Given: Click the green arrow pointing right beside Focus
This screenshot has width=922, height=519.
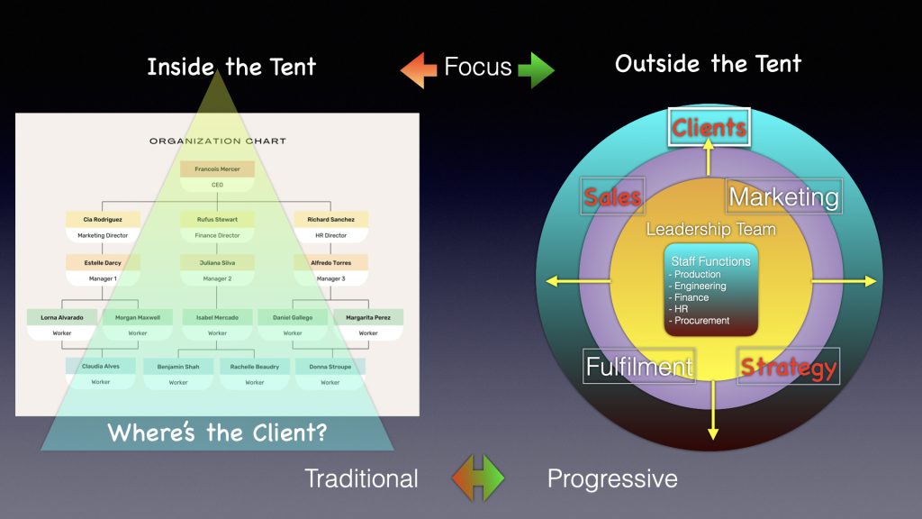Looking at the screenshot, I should pyautogui.click(x=537, y=70).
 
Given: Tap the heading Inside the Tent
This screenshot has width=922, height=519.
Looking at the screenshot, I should pyautogui.click(x=231, y=67).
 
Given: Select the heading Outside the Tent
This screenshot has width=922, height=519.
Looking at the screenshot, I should pyautogui.click(x=708, y=63).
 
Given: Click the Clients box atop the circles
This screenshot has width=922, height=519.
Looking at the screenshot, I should pyautogui.click(x=710, y=128).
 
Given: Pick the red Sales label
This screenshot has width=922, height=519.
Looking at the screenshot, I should pyautogui.click(x=613, y=196).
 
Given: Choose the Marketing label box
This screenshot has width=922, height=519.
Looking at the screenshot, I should pyautogui.click(x=783, y=196).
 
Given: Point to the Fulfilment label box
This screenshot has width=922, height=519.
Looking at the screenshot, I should pyautogui.click(x=639, y=366).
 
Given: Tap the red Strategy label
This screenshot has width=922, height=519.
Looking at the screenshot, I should pyautogui.click(x=789, y=367).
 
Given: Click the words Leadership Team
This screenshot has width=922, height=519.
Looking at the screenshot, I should pyautogui.click(x=710, y=229).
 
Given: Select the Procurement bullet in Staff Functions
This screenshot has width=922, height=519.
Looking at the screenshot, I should pyautogui.click(x=702, y=321).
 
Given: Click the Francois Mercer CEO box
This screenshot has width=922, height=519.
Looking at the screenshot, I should pyautogui.click(x=217, y=176).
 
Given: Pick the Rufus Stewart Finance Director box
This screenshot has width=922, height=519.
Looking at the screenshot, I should pyautogui.click(x=217, y=226).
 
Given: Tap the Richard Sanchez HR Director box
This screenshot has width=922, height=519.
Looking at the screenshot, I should pyautogui.click(x=330, y=226).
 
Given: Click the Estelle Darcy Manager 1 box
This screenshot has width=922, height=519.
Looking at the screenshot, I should pyautogui.click(x=103, y=270).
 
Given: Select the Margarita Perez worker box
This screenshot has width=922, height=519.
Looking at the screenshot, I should pyautogui.click(x=368, y=324).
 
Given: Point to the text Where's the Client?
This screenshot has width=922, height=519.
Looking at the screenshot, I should pyautogui.click(x=217, y=432).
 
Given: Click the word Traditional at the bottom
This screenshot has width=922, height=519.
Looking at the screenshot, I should pyautogui.click(x=361, y=478).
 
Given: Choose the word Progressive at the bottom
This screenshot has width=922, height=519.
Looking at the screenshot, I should pyautogui.click(x=612, y=478).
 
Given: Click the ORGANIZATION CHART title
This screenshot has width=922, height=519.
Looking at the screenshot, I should pyautogui.click(x=217, y=141).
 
